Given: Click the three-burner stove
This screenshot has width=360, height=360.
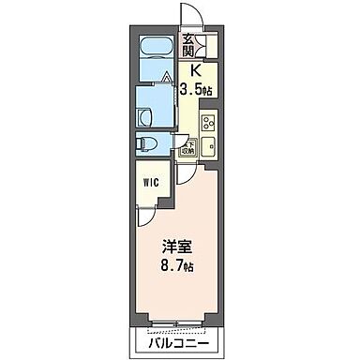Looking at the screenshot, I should (x=208, y=124).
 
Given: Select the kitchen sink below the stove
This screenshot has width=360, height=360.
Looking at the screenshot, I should (x=208, y=146).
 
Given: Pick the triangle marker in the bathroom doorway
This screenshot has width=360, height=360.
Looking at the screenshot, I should (x=166, y=78).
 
